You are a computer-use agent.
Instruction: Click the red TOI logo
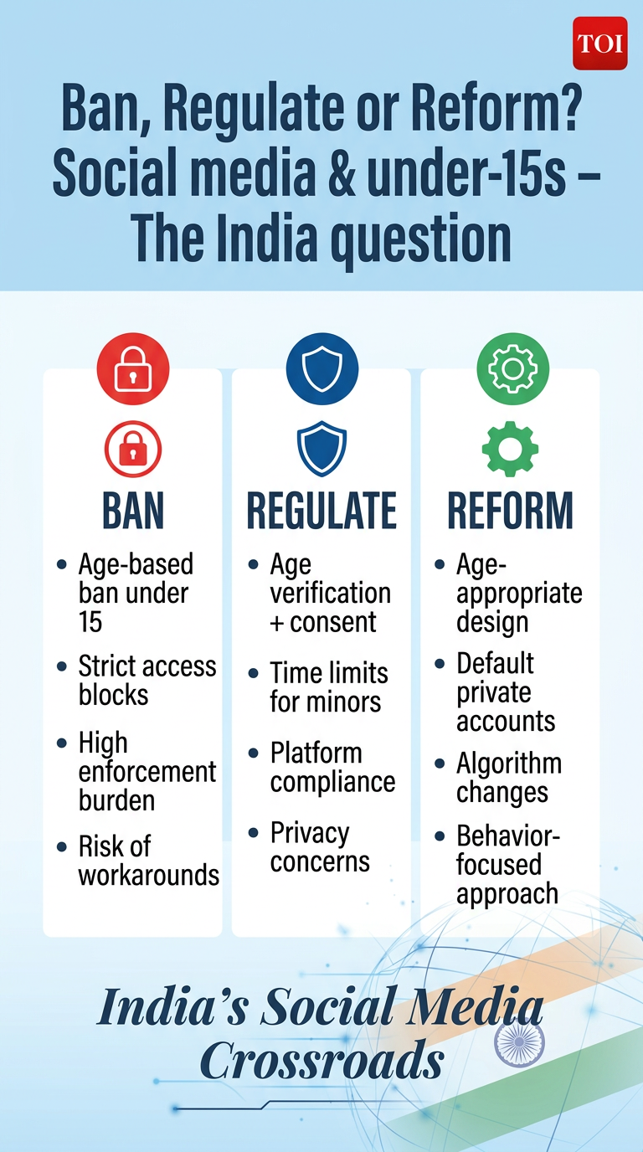pyautogui.click(x=599, y=44)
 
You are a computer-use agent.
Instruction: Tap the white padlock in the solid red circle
pyautogui.click(x=133, y=368)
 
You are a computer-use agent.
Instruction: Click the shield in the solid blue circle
pyautogui.click(x=322, y=368)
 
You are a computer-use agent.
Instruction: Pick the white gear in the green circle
pyautogui.click(x=512, y=368)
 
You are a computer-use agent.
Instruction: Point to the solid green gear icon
pyautogui.click(x=510, y=449)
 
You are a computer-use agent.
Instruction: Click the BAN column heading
pyautogui.click(x=133, y=510)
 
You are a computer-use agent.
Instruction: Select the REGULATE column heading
pyautogui.click(x=322, y=510)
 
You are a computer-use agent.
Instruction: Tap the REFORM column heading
pyautogui.click(x=510, y=510)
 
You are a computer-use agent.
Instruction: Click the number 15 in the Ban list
pyautogui.click(x=90, y=622)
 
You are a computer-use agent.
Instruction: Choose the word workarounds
pyautogui.click(x=149, y=875)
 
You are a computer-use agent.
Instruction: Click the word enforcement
pyautogui.click(x=147, y=771)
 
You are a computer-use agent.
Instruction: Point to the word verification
pyautogui.click(x=330, y=593)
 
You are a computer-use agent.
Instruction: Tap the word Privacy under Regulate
pyautogui.click(x=310, y=834)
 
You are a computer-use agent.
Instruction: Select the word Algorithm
pyautogui.click(x=509, y=764)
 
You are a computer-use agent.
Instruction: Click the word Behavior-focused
pyautogui.click(x=507, y=850)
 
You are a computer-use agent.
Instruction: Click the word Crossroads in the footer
pyautogui.click(x=322, y=1059)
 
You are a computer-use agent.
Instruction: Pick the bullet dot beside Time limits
pyautogui.click(x=253, y=673)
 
